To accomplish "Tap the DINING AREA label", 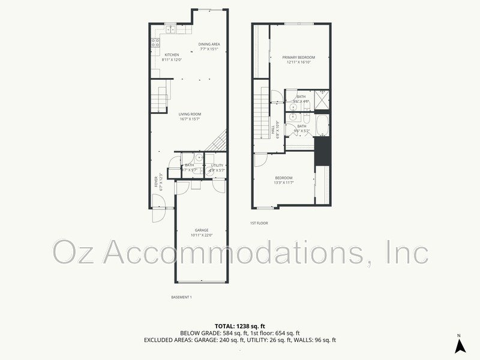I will [209, 44].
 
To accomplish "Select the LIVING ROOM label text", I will [190, 114].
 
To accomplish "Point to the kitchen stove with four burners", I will [155, 43].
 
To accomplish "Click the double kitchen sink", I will [170, 28].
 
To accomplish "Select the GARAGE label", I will [201, 230].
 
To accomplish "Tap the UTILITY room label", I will [217, 165].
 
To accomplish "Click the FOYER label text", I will [156, 181].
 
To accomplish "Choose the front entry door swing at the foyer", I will [159, 213].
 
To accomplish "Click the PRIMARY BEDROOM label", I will [299, 58].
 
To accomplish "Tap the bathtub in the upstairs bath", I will [321, 126].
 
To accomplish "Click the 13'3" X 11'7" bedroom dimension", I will [284, 182].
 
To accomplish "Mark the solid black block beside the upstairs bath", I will [322, 150].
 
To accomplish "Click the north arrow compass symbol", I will [459, 344].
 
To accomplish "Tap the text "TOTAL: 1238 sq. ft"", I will [239, 326].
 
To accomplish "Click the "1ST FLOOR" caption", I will [259, 223].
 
